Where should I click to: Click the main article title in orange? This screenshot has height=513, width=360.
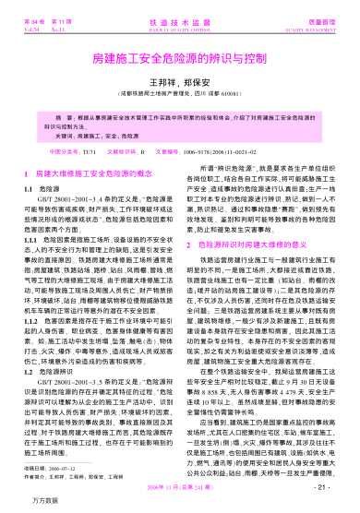[x=180, y=59]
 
